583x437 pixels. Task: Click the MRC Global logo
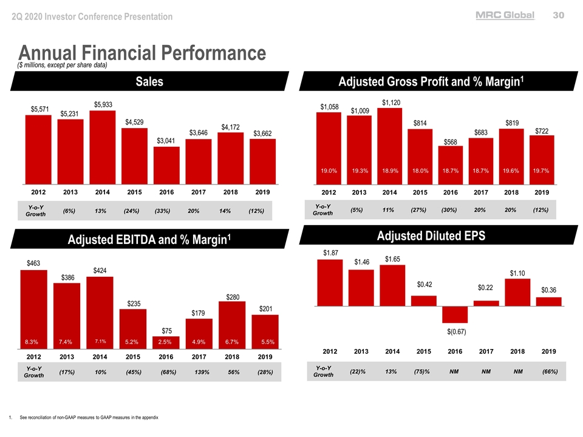505,16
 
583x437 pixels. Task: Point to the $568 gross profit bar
450,164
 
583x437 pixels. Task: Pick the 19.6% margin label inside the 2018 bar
511,171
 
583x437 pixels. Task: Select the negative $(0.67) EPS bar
455,314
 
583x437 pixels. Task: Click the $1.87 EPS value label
330,252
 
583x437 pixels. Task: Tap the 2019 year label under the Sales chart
262,192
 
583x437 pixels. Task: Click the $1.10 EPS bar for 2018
517,292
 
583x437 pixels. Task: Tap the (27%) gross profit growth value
418,210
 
